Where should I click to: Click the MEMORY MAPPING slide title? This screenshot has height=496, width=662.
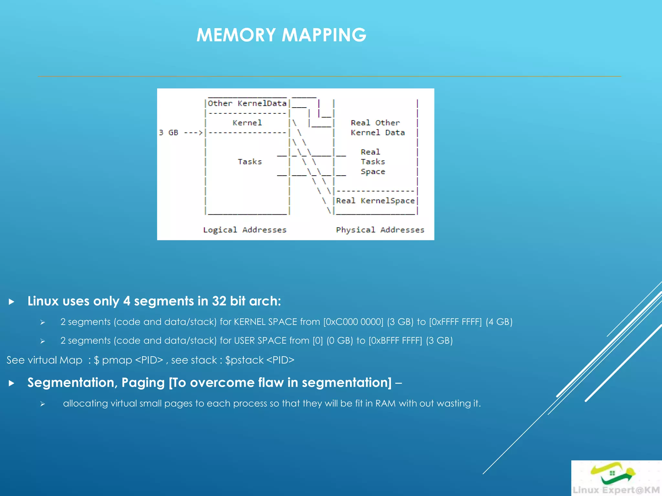click(281, 35)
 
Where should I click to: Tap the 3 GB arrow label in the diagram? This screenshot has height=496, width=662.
click(180, 133)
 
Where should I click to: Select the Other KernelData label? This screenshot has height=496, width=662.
click(247, 103)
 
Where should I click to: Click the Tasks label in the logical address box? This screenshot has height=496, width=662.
click(250, 161)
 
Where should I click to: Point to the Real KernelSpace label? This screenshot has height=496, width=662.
click(375, 201)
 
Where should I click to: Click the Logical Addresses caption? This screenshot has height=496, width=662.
click(245, 230)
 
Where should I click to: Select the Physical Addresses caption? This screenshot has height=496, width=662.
click(380, 230)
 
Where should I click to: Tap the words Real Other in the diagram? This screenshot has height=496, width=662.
click(375, 123)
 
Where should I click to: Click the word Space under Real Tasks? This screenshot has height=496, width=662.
click(373, 172)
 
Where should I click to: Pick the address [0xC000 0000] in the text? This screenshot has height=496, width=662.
click(353, 322)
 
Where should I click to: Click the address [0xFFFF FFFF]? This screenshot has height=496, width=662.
click(455, 322)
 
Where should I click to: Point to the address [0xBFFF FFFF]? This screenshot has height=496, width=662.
click(395, 341)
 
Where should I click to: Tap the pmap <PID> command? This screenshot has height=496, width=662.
click(132, 360)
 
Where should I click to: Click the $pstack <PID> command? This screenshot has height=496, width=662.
click(260, 360)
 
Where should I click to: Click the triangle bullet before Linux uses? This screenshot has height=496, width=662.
click(12, 302)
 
